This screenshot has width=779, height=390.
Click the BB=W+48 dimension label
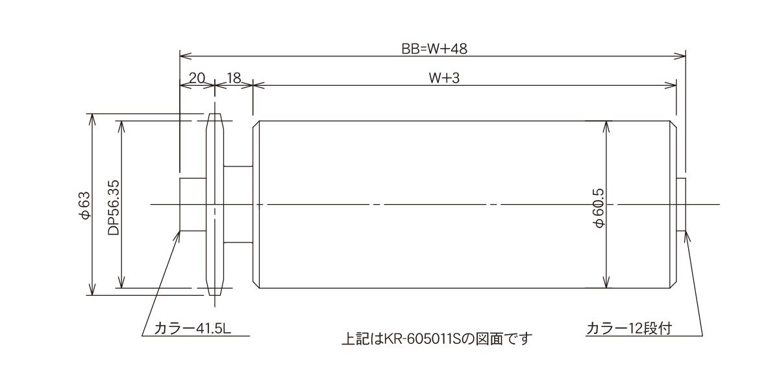(434, 49)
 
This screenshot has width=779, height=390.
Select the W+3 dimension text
(444, 78)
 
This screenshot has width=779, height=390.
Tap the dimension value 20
(197, 78)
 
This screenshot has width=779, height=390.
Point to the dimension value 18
(234, 78)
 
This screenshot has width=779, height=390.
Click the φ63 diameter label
(84, 205)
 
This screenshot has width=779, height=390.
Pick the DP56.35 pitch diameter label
(114, 207)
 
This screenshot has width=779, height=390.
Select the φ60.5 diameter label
(599, 208)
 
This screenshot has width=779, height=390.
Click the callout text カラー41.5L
(193, 328)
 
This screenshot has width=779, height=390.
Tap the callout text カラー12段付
(629, 328)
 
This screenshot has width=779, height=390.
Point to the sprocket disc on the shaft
(215, 204)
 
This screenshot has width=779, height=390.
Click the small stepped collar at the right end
(681, 204)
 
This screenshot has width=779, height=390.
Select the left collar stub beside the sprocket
(193, 204)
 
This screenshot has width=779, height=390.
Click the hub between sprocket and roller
(238, 204)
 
